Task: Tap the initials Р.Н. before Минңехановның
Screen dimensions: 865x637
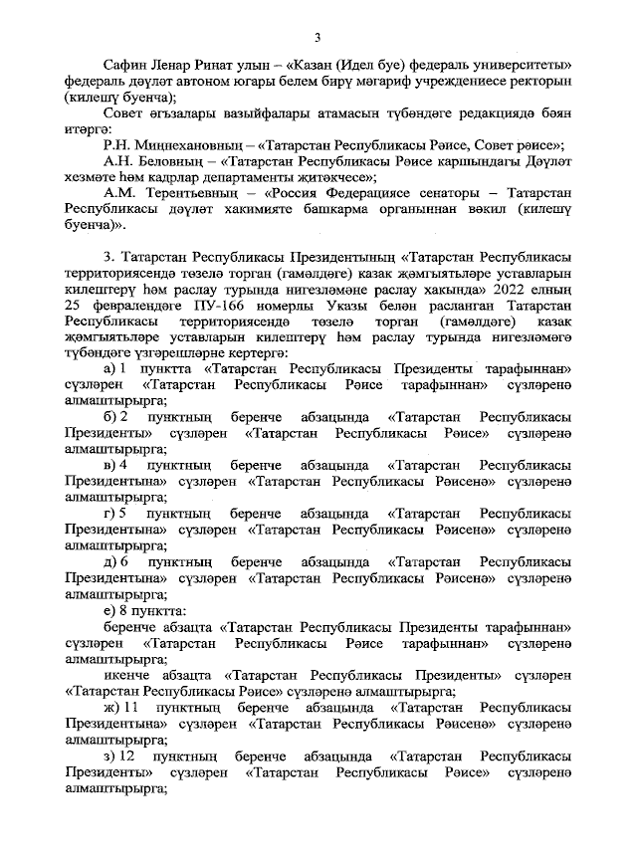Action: (x=116, y=144)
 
